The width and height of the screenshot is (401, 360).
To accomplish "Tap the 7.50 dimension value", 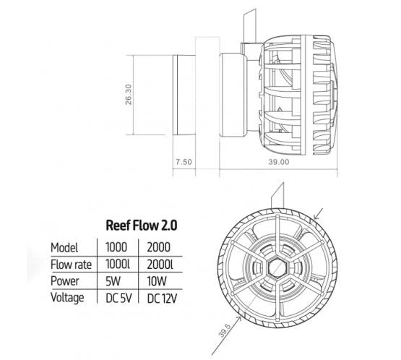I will (x=184, y=163).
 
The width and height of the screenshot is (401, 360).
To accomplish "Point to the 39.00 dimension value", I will (x=280, y=163).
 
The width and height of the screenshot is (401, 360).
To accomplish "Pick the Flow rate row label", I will (x=73, y=262).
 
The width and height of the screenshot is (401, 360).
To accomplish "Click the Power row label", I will (x=66, y=280).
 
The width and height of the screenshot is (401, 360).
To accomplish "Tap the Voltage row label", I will (x=69, y=296).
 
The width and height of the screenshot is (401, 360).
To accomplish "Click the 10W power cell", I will (x=158, y=280).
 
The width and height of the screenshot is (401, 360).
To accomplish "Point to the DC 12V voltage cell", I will (x=163, y=297).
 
